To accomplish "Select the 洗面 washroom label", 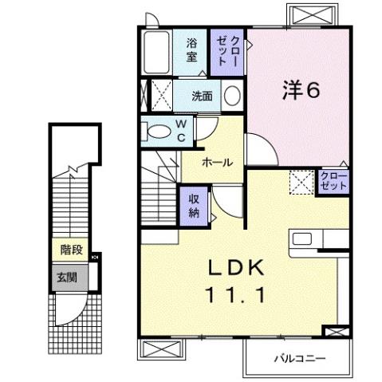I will point(202,96).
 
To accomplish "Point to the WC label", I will point(180,131).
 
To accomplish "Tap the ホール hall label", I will point(217,162).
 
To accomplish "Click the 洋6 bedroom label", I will point(301,89).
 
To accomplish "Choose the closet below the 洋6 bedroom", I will point(333,179).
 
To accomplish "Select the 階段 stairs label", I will point(71,249).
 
